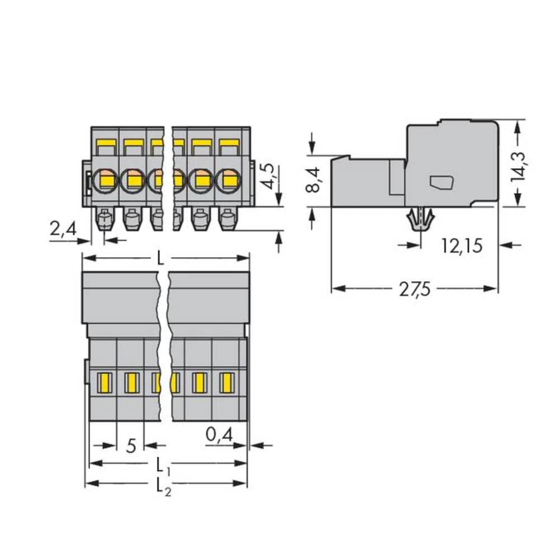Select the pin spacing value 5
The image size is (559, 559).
(130, 446)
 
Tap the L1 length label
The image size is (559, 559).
(163, 464)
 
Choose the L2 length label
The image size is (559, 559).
(163, 484)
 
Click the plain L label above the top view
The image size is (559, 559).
(160, 258)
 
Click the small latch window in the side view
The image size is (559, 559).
(441, 182)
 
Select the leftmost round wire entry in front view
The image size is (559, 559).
(105, 179)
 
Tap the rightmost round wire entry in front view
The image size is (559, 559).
(228, 179)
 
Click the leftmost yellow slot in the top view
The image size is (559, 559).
(103, 382)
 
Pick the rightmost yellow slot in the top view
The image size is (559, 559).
(226, 382)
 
